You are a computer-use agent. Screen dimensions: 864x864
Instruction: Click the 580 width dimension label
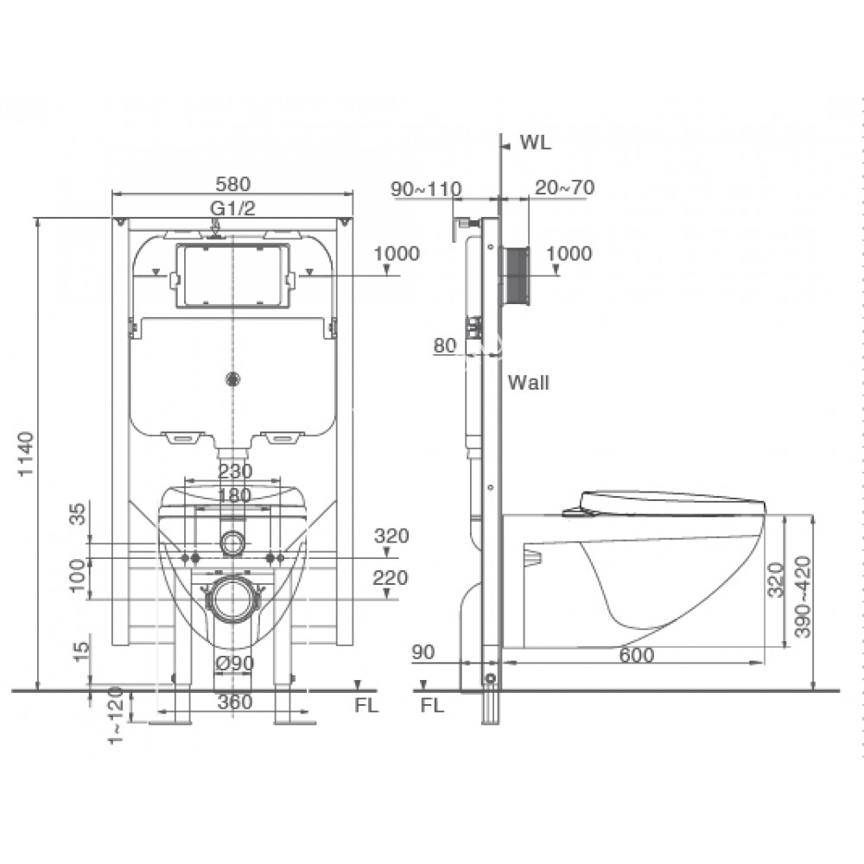pos(232,183)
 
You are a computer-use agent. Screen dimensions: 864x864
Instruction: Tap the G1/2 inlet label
pos(232,207)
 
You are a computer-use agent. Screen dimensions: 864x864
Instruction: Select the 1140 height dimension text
pos(26,454)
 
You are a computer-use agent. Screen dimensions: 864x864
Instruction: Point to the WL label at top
pos(536,143)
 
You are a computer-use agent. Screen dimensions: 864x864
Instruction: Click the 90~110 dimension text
pos(426,189)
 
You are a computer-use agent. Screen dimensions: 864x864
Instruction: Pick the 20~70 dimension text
pos(565,187)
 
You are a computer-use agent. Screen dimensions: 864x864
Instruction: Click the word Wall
pos(529,383)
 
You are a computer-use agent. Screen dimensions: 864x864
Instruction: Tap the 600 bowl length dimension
pos(637,655)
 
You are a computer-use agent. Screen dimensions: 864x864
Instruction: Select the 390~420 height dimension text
pos(804,597)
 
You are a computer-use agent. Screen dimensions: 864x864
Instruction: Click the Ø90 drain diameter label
pos(234,664)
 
